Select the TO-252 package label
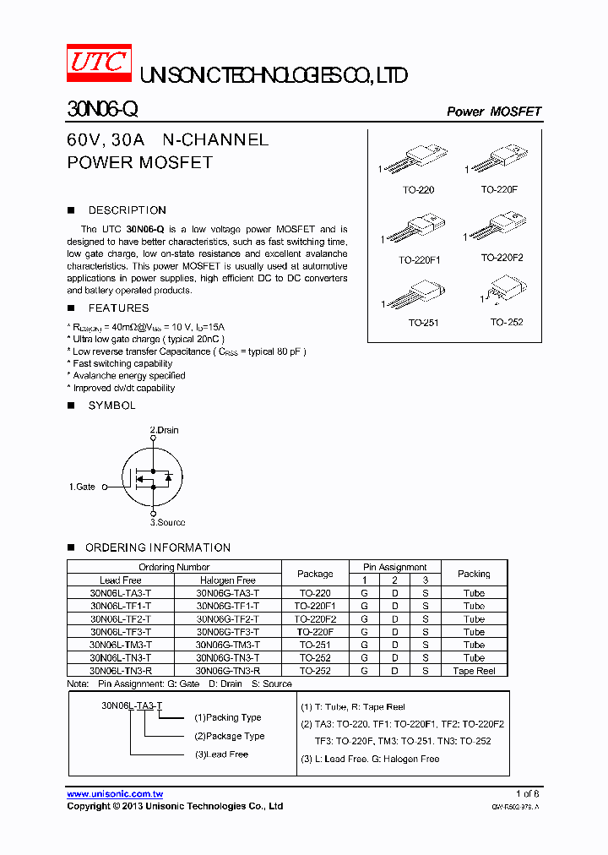coord(507,322)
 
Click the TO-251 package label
coord(423,322)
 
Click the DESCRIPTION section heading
coord(127,210)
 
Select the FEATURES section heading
coord(118,308)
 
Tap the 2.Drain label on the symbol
coord(165,430)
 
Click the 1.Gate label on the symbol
coord(82,487)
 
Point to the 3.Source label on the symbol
coord(167,522)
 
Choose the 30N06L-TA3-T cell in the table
coord(121,593)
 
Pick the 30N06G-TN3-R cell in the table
coord(227,670)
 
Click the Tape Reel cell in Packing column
coord(474,670)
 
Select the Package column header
coord(315,574)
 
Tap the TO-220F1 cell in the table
coord(315,606)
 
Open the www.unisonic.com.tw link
coord(115,793)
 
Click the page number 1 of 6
coord(527,793)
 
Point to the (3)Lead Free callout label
coord(221,754)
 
